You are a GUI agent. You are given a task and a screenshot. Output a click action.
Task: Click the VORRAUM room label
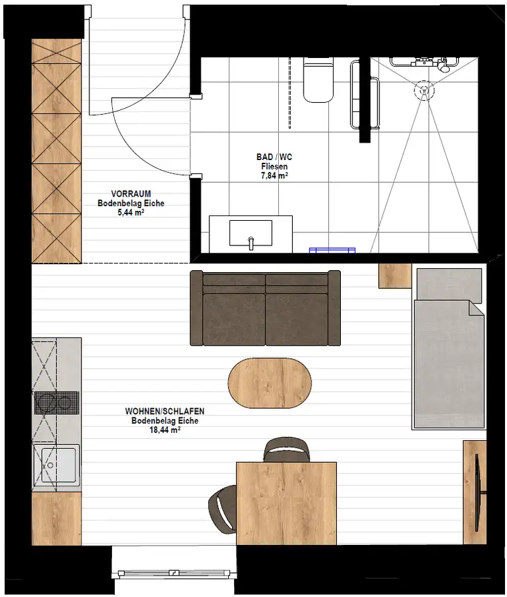[131, 193]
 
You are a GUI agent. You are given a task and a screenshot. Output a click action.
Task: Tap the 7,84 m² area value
[274, 175]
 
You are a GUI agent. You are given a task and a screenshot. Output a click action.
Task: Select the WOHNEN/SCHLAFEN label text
[165, 411]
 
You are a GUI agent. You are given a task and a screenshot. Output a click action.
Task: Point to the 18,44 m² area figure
[165, 430]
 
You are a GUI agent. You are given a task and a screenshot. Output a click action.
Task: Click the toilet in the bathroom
[318, 80]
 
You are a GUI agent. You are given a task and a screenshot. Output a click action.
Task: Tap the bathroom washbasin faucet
[251, 243]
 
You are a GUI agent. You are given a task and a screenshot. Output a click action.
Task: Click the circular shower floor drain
[424, 90]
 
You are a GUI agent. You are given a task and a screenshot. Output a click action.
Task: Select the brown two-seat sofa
[265, 308]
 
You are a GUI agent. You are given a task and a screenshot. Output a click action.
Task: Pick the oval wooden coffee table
[270, 383]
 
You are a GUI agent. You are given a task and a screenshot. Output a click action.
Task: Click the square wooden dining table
[286, 504]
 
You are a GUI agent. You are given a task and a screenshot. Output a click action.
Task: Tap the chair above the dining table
[287, 450]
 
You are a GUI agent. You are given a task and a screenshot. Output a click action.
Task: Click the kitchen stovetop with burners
[57, 402]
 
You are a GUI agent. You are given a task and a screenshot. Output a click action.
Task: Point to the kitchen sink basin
[58, 465]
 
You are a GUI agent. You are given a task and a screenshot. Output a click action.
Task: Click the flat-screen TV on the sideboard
[478, 493]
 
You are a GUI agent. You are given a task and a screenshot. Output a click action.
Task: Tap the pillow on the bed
[450, 284]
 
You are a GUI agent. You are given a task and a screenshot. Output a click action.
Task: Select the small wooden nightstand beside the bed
[395, 275]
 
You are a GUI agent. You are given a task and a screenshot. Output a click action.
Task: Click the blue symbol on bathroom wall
[332, 250]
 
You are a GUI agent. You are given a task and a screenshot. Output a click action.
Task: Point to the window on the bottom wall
[173, 572]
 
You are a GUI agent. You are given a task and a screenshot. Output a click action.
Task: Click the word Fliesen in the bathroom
[274, 166]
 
